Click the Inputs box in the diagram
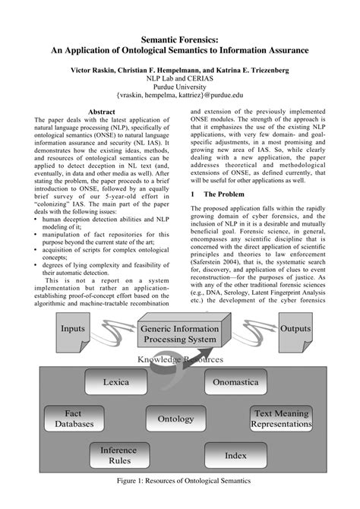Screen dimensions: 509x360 [73, 330]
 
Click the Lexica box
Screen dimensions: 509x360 [115, 382]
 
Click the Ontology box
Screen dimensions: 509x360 [175, 419]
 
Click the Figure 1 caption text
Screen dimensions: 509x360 [180, 481]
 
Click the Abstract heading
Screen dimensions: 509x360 [101, 111]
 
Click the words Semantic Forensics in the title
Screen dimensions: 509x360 [180, 36]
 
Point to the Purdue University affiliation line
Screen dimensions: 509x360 [180, 87]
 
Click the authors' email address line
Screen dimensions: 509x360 [180, 96]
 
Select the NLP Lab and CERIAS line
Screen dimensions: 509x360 [180, 77]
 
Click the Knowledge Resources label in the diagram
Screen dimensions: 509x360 [180, 359]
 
